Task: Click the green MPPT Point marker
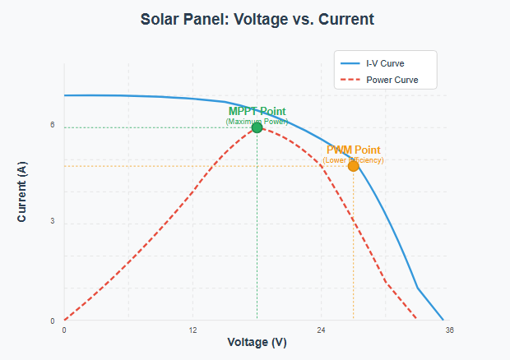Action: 257,127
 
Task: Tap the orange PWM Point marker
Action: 353,166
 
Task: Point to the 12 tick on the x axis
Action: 192,330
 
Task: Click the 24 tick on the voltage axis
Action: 321,330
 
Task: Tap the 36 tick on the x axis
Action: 449,330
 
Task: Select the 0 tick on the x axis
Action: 64,330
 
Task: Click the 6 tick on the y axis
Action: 52,126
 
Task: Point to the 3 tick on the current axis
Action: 52,223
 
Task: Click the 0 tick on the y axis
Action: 52,321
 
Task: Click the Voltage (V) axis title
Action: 257,343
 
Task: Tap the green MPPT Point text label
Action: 257,111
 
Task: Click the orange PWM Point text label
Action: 354,150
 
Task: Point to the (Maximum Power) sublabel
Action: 257,121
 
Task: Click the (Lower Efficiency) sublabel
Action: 354,159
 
